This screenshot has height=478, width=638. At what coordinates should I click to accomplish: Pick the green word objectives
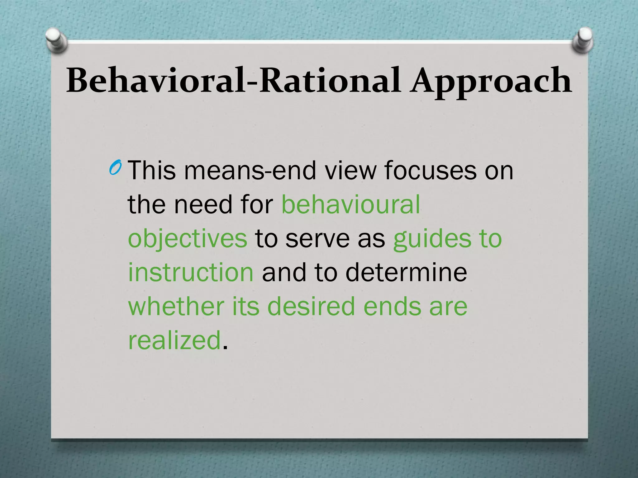(x=188, y=239)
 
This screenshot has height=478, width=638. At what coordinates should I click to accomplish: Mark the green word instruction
(x=191, y=273)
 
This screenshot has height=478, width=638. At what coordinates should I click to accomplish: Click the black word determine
(x=406, y=273)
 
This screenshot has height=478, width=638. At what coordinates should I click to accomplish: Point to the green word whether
(x=176, y=306)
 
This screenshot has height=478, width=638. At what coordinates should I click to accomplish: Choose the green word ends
(x=392, y=306)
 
